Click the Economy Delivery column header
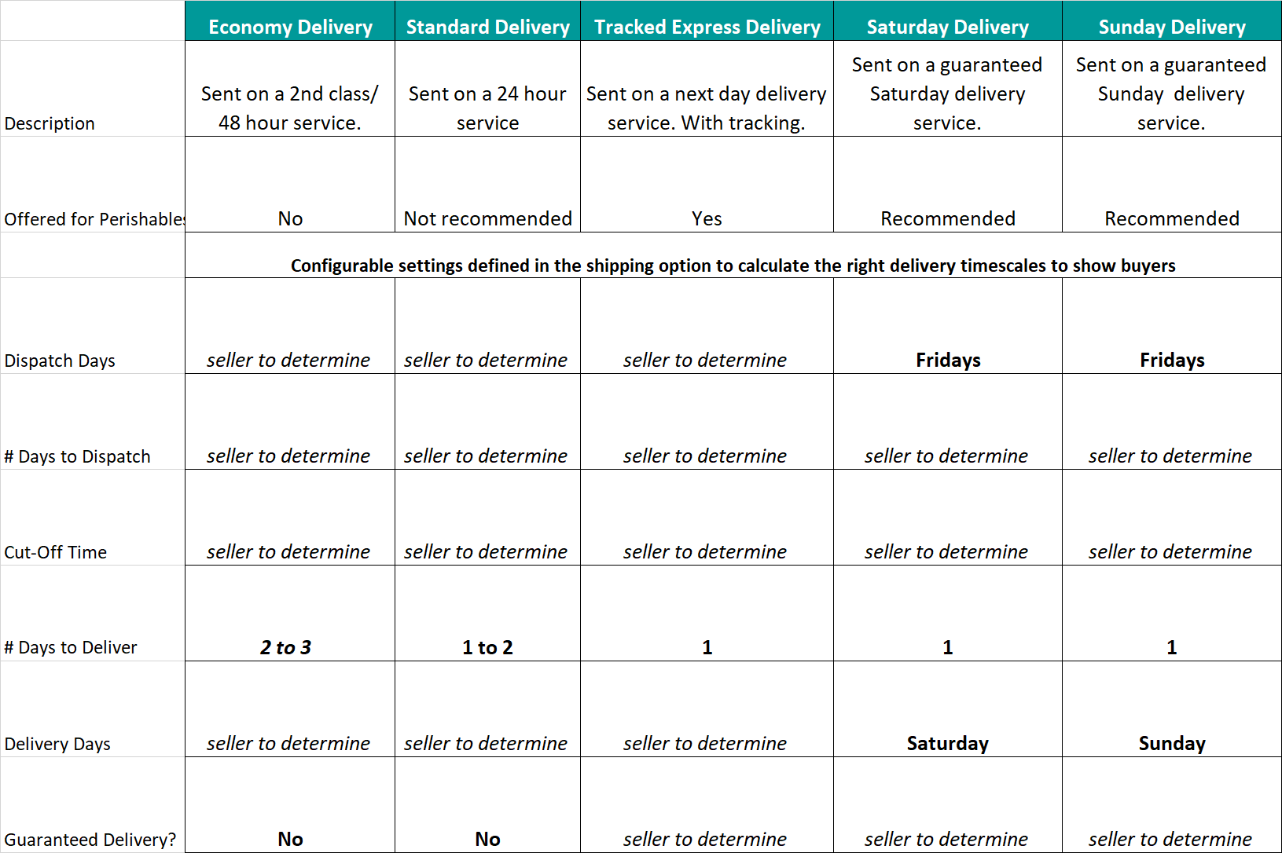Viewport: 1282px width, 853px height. pos(290,27)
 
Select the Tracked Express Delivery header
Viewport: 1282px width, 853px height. pos(707,27)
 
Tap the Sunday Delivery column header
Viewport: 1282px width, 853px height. pos(1171,27)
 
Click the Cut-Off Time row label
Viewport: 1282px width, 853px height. pos(56,552)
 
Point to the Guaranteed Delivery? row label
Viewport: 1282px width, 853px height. pos(90,840)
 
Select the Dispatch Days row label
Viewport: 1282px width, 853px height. pos(60,361)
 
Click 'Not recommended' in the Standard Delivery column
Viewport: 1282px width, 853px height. pos(487,218)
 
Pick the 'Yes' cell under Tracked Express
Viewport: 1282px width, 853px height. pos(707,218)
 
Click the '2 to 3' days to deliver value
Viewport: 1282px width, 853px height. pos(286,647)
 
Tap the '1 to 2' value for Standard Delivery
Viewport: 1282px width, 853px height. pos(487,647)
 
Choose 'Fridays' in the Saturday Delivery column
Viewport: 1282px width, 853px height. pos(948,360)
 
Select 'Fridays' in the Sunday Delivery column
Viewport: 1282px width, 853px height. pos(1172,360)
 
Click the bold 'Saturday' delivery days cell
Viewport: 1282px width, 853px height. pos(948,743)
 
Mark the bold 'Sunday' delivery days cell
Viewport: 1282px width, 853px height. pos(1172,743)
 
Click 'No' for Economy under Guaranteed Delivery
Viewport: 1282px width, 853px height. pos(290,839)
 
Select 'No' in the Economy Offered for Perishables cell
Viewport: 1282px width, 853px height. pos(290,218)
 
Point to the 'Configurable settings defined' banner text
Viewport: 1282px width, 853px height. pos(733,265)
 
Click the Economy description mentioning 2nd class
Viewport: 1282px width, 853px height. pos(289,108)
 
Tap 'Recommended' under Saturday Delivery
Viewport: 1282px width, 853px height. pos(948,218)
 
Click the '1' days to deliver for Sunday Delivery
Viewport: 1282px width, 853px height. pos(1171,647)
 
